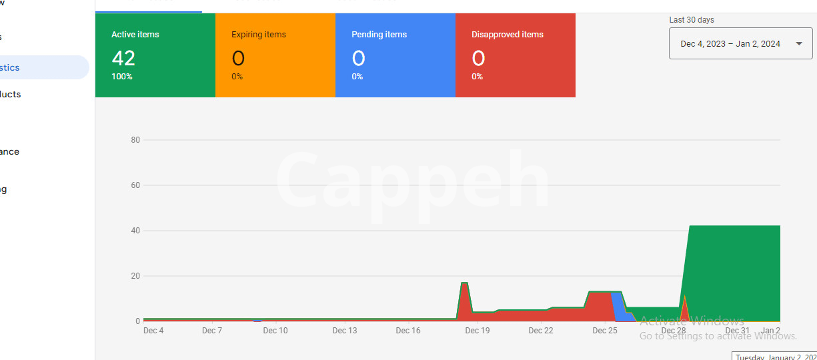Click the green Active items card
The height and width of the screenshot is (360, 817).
155,55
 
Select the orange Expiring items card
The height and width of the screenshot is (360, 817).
275,55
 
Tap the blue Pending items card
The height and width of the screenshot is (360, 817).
395,55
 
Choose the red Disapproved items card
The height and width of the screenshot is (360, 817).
515,55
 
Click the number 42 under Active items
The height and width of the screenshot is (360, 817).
123,59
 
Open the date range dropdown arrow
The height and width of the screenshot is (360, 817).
799,44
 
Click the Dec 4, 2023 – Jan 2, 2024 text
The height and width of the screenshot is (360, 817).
730,44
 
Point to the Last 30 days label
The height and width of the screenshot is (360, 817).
692,20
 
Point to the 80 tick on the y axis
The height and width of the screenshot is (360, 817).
135,140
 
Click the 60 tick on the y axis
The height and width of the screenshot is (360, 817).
135,185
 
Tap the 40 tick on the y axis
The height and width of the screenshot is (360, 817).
135,231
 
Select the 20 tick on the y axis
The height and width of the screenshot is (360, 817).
135,276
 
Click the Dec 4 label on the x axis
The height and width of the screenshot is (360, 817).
153,331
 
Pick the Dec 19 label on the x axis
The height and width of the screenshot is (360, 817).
478,331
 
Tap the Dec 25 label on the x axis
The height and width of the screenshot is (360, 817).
604,331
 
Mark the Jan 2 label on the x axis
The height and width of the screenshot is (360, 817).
771,331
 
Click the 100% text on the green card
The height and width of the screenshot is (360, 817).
122,77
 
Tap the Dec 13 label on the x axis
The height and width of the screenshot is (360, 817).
345,331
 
